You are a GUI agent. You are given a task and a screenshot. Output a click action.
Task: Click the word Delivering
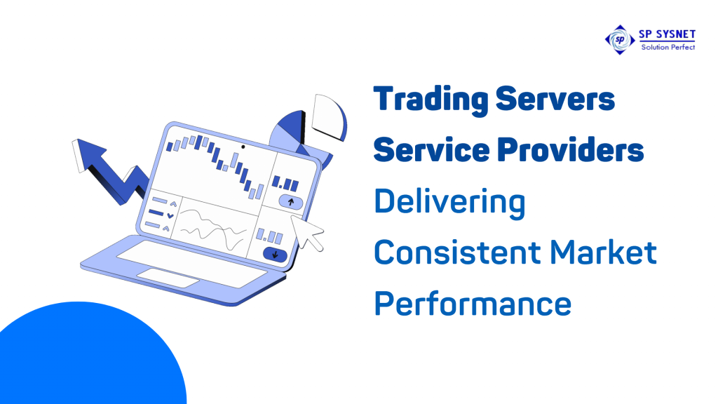(x=449, y=203)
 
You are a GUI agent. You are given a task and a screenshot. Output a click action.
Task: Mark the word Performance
(x=472, y=304)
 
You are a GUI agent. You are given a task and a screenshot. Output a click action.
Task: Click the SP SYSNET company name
(x=666, y=34)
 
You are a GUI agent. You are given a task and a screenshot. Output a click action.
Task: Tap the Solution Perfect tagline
(x=666, y=47)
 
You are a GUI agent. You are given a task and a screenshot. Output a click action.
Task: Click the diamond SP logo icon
(x=618, y=39)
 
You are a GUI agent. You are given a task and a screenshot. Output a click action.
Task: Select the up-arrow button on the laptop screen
(x=290, y=202)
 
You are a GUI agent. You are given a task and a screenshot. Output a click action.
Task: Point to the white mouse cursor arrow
(x=309, y=231)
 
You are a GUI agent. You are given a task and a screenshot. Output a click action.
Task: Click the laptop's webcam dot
(x=243, y=148)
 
